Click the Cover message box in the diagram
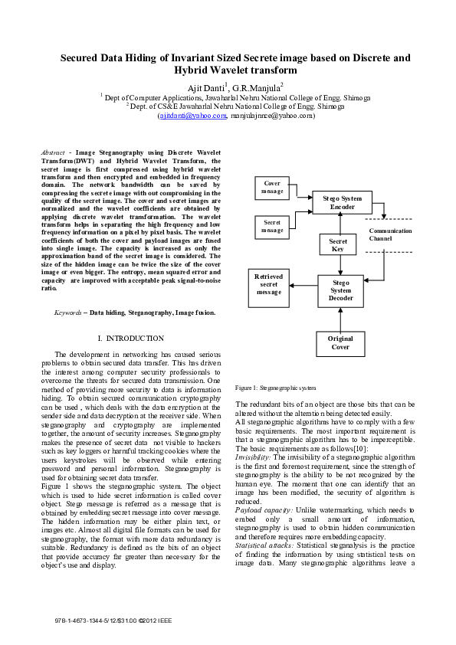pyautogui.click(x=272, y=187)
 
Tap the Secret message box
pyautogui.click(x=272, y=226)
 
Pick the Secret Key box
pyautogui.click(x=338, y=245)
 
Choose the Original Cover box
pyautogui.click(x=340, y=343)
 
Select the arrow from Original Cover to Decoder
pyautogui.click(x=341, y=319)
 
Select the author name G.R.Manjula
pyautogui.click(x=258, y=87)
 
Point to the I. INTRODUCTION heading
pyautogui.click(x=131, y=339)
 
